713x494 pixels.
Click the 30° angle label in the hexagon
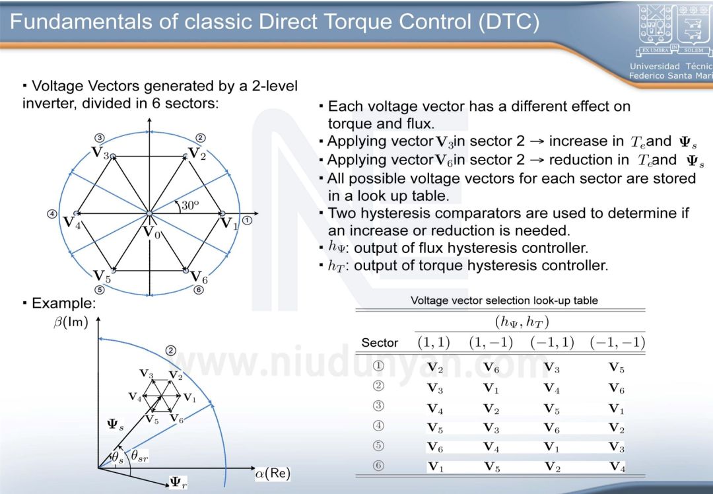(190, 205)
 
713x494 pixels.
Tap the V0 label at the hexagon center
(152, 232)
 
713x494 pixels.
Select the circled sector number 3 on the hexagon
(100, 138)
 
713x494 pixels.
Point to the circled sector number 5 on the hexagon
(100, 289)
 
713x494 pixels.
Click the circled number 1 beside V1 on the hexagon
(247, 221)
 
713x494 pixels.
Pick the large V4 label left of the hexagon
(72, 222)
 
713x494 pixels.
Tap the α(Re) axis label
(273, 474)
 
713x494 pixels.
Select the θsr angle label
(139, 455)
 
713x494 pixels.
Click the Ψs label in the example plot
(116, 425)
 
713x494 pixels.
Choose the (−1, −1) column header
(617, 342)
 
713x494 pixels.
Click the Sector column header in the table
(380, 343)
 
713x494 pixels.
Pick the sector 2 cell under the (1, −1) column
(491, 388)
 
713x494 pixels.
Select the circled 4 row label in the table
(379, 426)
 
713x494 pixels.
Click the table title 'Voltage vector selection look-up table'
(504, 300)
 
